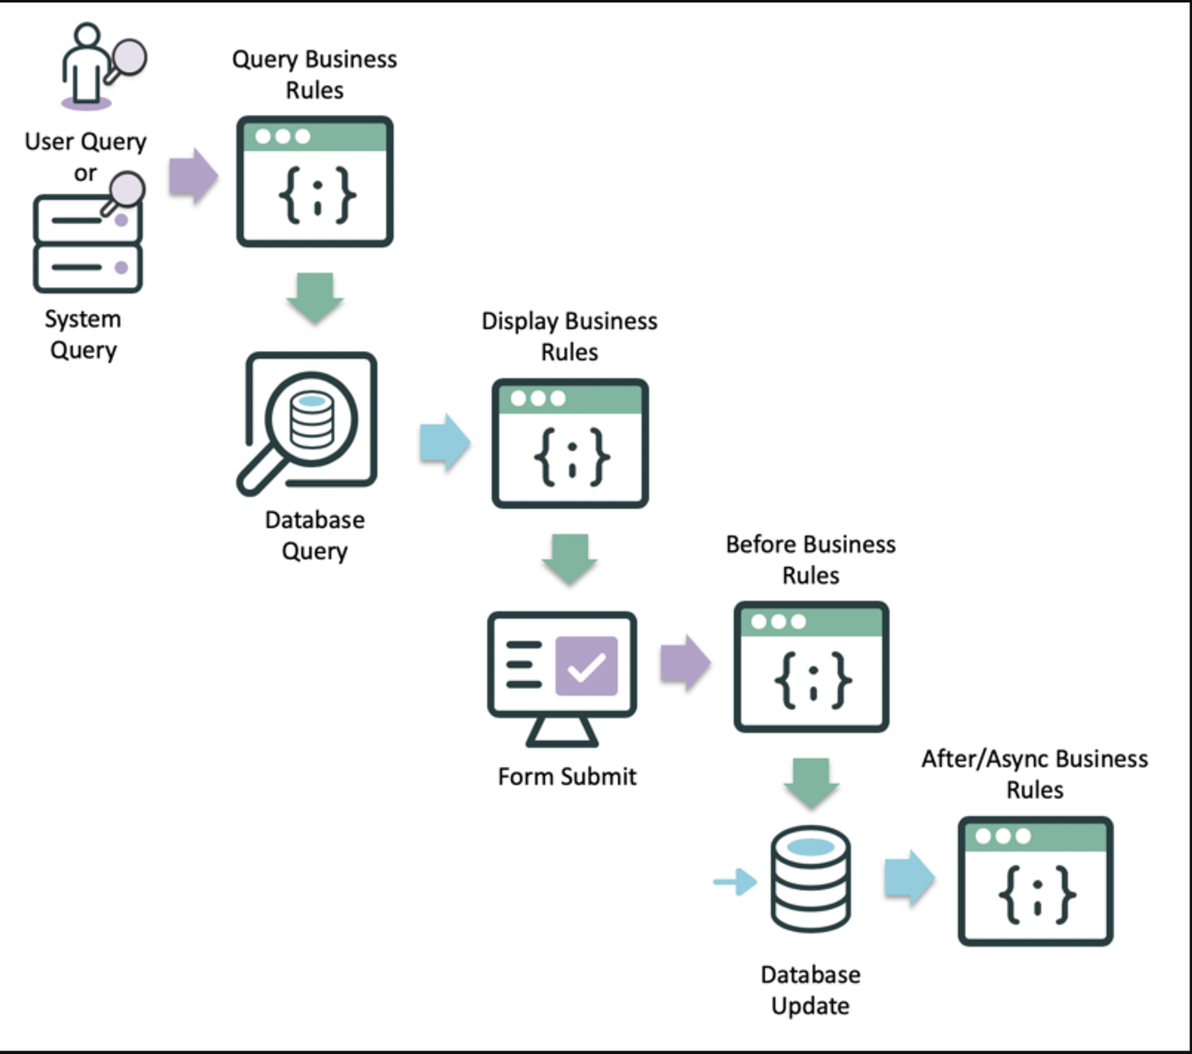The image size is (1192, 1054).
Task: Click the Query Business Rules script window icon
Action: (x=314, y=182)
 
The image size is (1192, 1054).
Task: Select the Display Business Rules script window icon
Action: (x=570, y=443)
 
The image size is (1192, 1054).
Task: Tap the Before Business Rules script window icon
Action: (x=811, y=666)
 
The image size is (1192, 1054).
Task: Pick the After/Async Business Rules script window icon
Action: (x=1035, y=881)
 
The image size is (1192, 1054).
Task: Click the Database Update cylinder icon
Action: (x=810, y=879)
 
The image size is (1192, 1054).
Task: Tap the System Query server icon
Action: (x=88, y=241)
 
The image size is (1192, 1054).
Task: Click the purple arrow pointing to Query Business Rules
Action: (x=193, y=176)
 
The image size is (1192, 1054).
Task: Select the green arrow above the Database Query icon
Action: (x=314, y=297)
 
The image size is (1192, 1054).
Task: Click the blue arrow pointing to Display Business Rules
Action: (x=445, y=442)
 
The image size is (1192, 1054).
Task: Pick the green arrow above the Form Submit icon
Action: (x=570, y=558)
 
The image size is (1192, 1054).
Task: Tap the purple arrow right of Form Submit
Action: (x=685, y=663)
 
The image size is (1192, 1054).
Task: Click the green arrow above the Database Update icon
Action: (x=811, y=783)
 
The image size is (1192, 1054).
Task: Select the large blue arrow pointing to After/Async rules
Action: (x=909, y=878)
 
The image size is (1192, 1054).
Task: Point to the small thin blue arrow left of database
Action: (x=735, y=881)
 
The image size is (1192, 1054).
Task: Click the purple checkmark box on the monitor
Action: (x=586, y=666)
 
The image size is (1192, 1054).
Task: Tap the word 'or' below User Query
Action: (x=85, y=174)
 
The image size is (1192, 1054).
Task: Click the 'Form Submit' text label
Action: (x=567, y=777)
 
